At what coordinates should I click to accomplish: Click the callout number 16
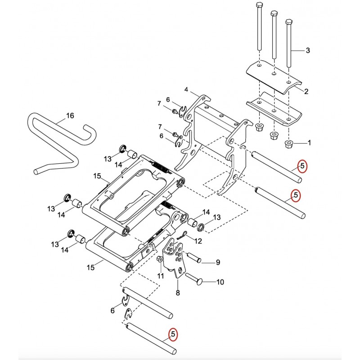click(70, 116)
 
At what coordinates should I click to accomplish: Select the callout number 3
click(308, 50)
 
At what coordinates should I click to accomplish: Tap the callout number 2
click(306, 91)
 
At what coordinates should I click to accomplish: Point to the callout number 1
click(309, 143)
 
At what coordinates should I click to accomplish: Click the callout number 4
click(186, 90)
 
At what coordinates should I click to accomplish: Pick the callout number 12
click(198, 241)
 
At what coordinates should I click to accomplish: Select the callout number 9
click(218, 262)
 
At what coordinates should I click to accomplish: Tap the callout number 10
click(220, 282)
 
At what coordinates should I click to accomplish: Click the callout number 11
click(161, 275)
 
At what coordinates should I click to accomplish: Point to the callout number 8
click(178, 293)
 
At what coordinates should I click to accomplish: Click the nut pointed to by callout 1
click(288, 144)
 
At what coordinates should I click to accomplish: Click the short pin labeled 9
click(194, 257)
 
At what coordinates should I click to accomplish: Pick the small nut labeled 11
click(160, 260)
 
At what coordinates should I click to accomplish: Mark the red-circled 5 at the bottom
click(173, 334)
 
